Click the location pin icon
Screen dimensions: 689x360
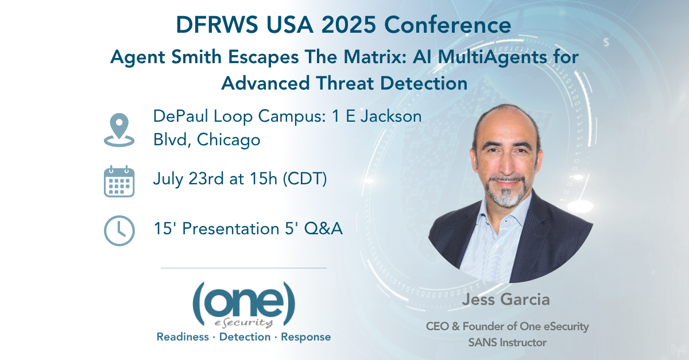(x=119, y=130)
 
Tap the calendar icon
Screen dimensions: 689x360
(x=119, y=181)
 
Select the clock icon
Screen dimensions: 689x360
(x=119, y=230)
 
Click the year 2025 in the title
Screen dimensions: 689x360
(x=349, y=25)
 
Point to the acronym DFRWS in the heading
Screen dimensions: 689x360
(x=217, y=25)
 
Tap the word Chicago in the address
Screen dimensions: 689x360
(x=229, y=140)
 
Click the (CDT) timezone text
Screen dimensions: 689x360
(x=304, y=179)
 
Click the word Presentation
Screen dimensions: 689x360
(x=231, y=229)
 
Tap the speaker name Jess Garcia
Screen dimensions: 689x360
(x=506, y=299)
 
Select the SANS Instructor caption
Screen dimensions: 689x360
(x=507, y=342)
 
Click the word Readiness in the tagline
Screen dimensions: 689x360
(x=183, y=336)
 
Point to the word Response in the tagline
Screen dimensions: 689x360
(x=305, y=337)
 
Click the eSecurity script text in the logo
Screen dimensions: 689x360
(x=243, y=323)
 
